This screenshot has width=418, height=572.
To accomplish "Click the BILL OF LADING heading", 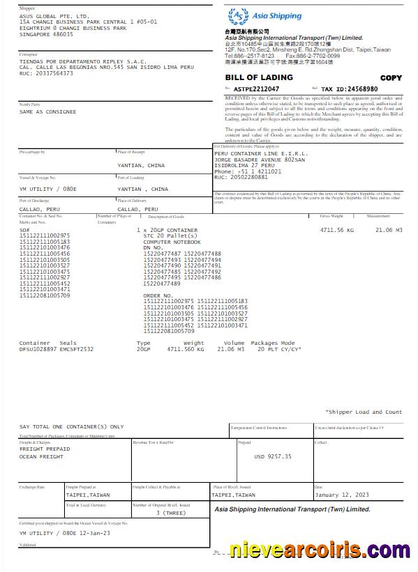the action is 259,77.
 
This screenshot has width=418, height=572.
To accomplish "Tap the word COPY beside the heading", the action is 391,78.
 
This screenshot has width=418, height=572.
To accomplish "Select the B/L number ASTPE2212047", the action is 256,89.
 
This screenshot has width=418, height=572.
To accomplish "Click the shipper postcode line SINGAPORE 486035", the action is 46,34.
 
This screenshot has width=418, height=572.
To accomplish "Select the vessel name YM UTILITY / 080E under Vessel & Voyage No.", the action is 48,189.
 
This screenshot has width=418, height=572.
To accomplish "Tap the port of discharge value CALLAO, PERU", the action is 40,209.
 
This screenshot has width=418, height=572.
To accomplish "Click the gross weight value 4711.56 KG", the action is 336,229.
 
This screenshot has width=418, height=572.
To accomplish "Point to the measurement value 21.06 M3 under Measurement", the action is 389,229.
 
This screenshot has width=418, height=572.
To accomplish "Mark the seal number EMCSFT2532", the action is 76,348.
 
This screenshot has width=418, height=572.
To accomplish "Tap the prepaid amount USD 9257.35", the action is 273,456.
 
